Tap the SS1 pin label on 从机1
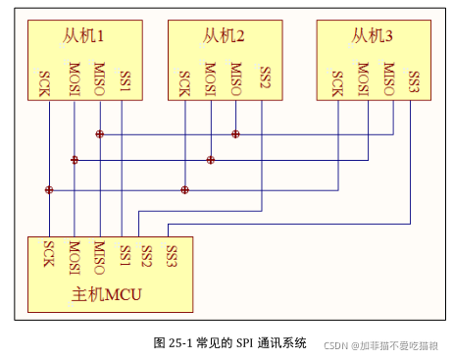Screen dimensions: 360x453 (125, 80)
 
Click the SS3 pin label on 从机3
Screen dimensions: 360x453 (414, 80)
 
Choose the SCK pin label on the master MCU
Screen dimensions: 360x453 (47, 254)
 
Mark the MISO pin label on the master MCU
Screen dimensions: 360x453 (99, 255)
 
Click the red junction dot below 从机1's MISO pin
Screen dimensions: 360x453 (99, 133)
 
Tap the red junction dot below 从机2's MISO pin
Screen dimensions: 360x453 (235, 133)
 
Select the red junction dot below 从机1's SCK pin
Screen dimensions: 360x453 (48, 189)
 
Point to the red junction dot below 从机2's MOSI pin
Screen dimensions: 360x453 (210, 159)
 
